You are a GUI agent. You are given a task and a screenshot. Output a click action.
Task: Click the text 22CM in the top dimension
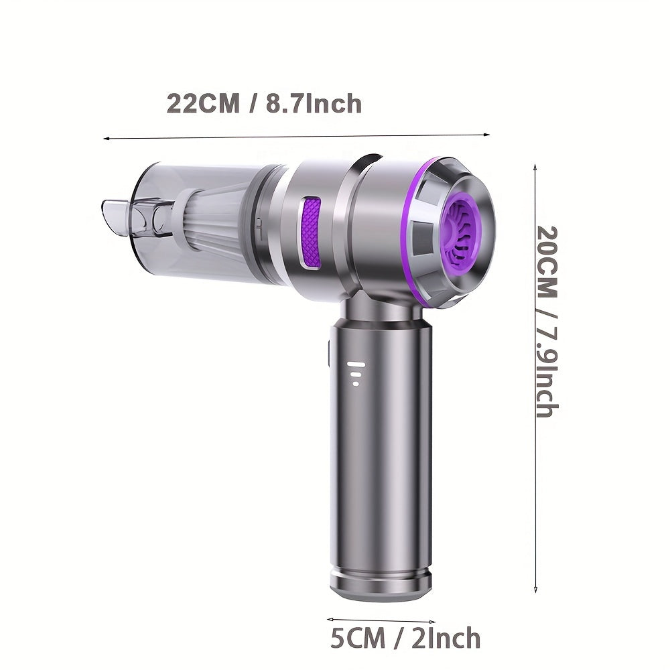(203, 103)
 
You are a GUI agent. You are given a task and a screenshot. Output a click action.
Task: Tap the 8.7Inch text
(314, 103)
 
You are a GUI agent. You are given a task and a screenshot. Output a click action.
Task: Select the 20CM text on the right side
(547, 263)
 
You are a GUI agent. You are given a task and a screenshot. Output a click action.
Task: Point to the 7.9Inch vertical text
(547, 368)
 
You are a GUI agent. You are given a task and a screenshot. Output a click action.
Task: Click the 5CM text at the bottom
(358, 638)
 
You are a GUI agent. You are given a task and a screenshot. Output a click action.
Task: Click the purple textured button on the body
(311, 233)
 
